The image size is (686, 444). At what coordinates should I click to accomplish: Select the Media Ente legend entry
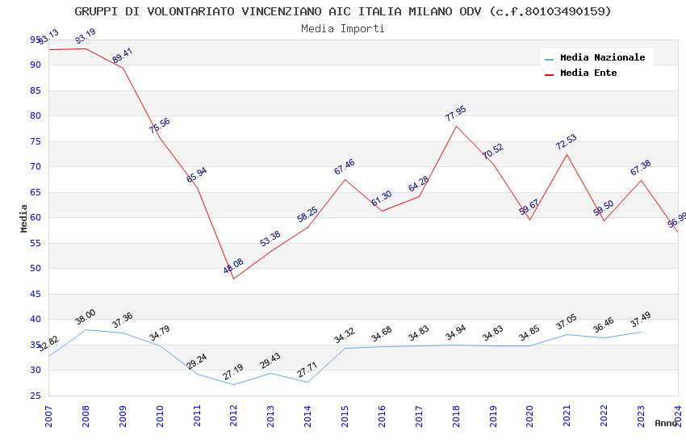coord(588,73)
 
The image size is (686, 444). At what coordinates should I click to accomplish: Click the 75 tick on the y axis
coord(35,141)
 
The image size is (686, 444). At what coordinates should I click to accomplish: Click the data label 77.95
coord(455,114)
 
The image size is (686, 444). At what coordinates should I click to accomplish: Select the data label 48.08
coord(233,266)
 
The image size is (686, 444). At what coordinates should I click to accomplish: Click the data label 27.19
coord(233,372)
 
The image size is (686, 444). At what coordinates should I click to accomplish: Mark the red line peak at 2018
coord(456,126)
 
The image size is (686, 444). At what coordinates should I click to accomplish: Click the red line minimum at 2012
coord(234,279)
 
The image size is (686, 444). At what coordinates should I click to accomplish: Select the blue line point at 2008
coord(86,329)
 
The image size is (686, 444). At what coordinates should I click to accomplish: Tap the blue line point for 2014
coord(307,382)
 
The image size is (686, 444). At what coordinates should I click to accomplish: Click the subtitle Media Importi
coord(343,28)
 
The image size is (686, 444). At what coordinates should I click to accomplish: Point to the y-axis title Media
coord(24,218)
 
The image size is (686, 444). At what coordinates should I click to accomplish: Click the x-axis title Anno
coord(666,423)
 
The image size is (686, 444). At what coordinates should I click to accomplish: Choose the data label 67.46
coord(344,167)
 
